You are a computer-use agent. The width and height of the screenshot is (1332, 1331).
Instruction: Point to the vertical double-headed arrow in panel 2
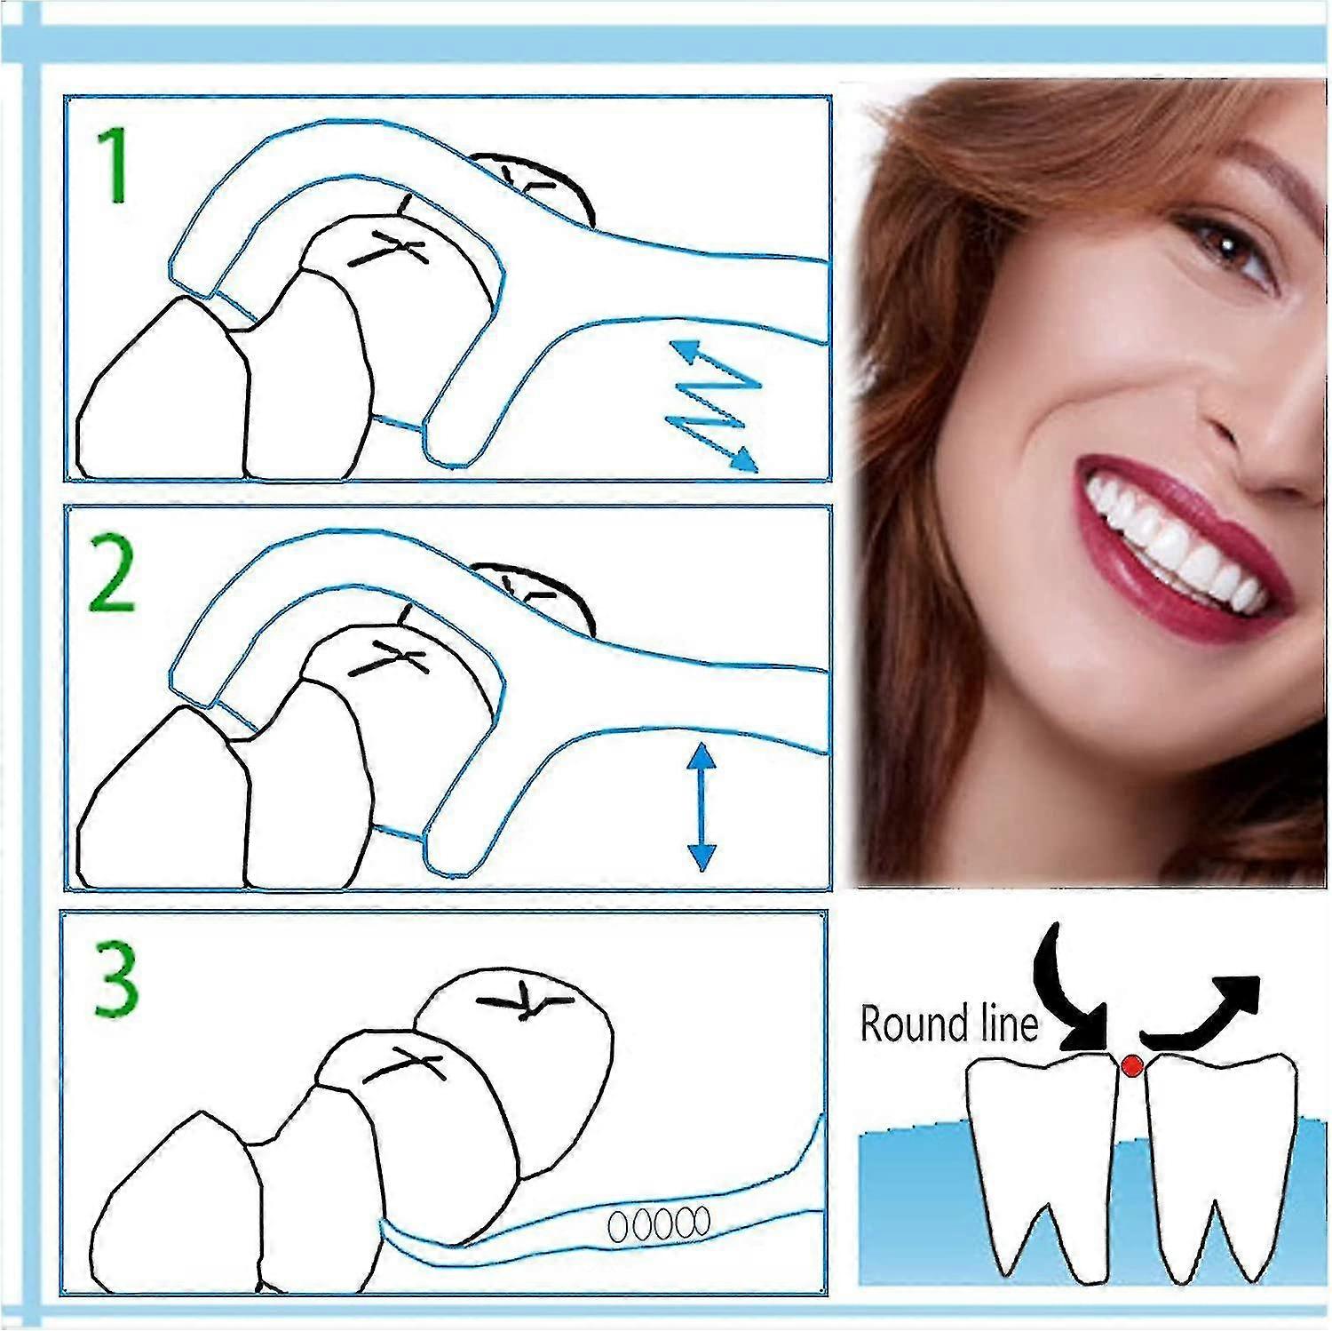[x=702, y=807]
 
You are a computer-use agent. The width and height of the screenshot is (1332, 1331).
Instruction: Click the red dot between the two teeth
[x=1130, y=1065]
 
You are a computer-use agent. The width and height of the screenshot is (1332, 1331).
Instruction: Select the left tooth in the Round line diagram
[x=1039, y=1155]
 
